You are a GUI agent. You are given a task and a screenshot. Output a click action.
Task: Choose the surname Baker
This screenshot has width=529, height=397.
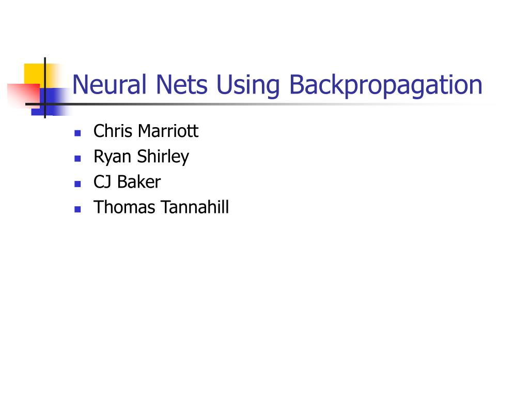[x=139, y=182]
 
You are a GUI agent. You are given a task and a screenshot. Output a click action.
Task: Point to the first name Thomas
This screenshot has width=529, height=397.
[x=124, y=208]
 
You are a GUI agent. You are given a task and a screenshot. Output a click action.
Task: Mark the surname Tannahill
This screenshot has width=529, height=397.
[x=194, y=208]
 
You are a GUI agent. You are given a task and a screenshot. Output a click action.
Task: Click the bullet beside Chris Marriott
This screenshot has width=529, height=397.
[x=77, y=133]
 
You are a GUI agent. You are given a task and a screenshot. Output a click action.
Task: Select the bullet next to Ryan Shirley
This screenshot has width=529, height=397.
[x=77, y=158]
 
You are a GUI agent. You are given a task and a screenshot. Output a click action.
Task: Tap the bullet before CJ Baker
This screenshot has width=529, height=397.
[x=77, y=184]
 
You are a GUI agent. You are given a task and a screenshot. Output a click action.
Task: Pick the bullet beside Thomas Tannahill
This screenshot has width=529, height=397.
[x=77, y=209]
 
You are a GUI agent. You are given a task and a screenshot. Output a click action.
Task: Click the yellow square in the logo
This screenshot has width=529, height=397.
[x=33, y=72]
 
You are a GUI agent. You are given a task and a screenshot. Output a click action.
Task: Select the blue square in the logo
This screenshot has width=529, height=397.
[x=52, y=101]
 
